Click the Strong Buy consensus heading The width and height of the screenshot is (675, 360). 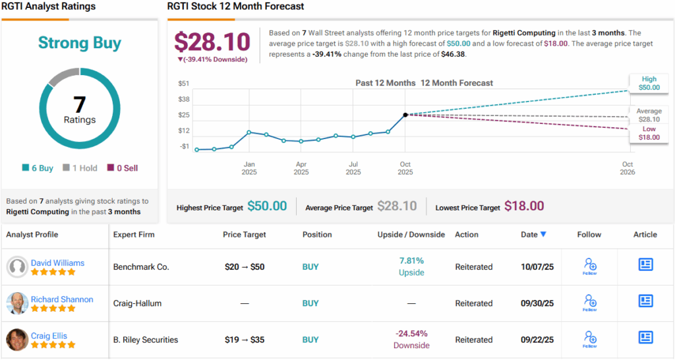pyautogui.click(x=80, y=44)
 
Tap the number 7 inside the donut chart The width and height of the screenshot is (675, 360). pyautogui.click(x=80, y=105)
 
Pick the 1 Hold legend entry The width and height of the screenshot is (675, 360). pyautogui.click(x=80, y=168)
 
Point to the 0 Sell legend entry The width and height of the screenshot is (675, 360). pyautogui.click(x=122, y=168)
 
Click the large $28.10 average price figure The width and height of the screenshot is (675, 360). pyautogui.click(x=212, y=41)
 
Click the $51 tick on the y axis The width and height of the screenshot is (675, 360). pyautogui.click(x=184, y=84)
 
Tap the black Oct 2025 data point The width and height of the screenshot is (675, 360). pyautogui.click(x=405, y=115)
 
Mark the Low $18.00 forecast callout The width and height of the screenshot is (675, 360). pyautogui.click(x=649, y=133)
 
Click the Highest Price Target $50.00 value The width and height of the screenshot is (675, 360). pyautogui.click(x=267, y=206)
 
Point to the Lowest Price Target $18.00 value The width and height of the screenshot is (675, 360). pyautogui.click(x=524, y=206)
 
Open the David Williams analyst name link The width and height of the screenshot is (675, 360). pyautogui.click(x=57, y=262)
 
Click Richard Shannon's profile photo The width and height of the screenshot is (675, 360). pyautogui.click(x=17, y=303)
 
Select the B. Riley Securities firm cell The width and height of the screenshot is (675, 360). pyautogui.click(x=146, y=340)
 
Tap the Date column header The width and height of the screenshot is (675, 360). pyautogui.click(x=533, y=234)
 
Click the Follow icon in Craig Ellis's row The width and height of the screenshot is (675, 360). pyautogui.click(x=590, y=339)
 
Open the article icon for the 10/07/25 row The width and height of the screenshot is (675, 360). pyautogui.click(x=645, y=264)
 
